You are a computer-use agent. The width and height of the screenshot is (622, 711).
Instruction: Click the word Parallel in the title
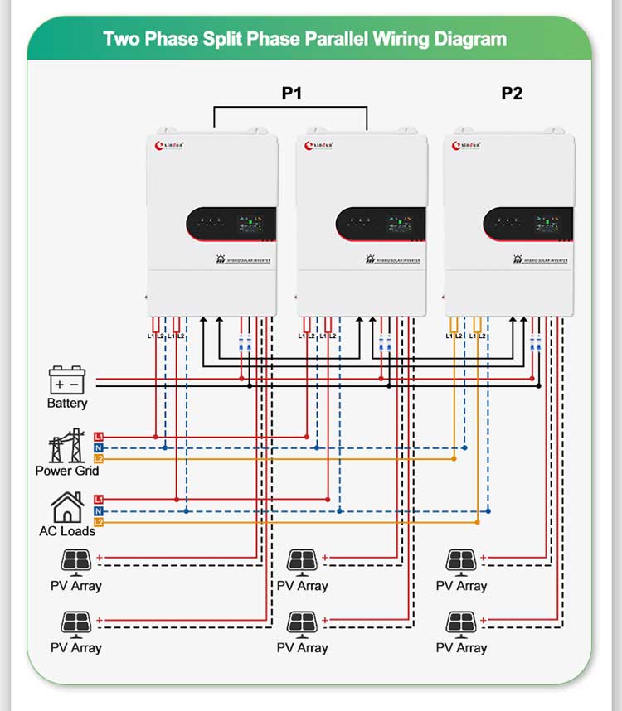tap(347, 39)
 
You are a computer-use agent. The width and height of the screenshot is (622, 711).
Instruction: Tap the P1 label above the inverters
tap(291, 93)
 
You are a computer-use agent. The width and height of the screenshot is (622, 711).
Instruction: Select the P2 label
tap(512, 93)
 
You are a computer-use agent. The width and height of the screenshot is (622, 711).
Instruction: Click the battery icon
tap(66, 380)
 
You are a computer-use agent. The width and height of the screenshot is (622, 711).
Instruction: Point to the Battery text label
tap(66, 404)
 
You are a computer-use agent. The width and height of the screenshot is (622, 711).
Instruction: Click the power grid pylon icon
tap(66, 446)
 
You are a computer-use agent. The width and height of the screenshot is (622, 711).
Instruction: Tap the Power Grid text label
tap(66, 471)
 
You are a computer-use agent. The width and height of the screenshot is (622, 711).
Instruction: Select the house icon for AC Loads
tap(66, 507)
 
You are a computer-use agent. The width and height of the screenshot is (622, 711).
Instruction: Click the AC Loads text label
tap(66, 531)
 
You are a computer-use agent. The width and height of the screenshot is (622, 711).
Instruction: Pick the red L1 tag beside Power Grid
tap(99, 437)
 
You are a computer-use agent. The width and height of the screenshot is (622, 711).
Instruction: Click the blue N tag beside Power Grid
tap(99, 447)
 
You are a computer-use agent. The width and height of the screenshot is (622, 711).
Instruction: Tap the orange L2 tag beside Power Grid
tap(99, 458)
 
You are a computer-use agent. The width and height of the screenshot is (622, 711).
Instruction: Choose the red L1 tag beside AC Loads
tap(99, 500)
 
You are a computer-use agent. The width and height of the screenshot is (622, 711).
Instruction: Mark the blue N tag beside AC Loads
tap(99, 511)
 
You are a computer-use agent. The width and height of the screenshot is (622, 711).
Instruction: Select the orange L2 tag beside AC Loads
tap(99, 522)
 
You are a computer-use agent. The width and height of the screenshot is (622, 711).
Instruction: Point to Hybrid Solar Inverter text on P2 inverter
tap(543, 260)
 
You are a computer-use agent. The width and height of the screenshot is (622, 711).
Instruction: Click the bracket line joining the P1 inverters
tap(290, 107)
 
